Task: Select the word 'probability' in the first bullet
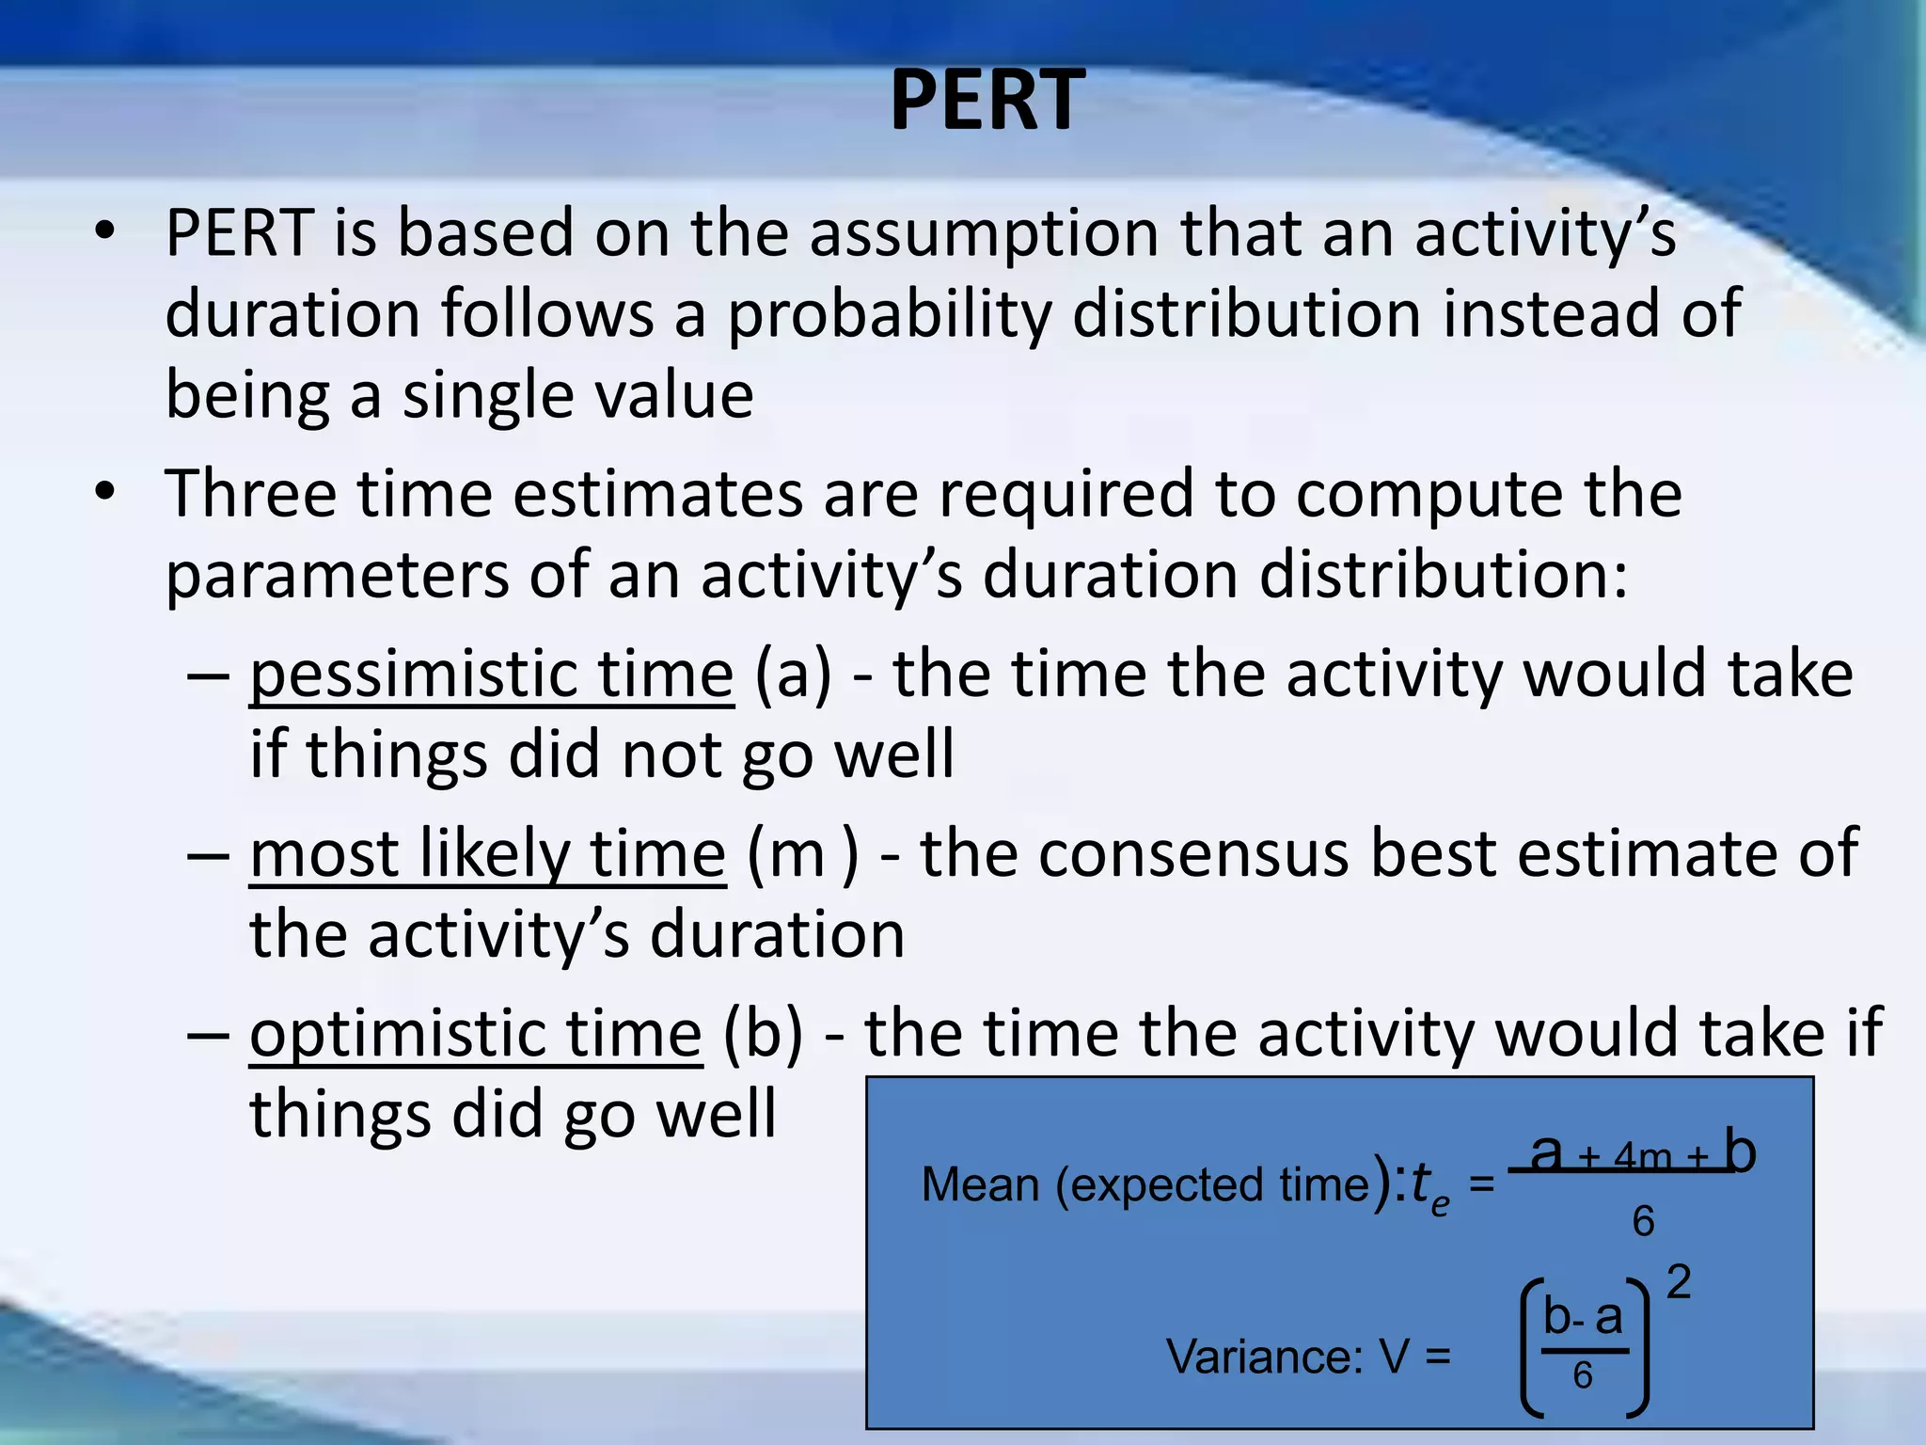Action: click(889, 314)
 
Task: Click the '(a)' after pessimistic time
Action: click(794, 675)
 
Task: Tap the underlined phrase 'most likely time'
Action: click(487, 854)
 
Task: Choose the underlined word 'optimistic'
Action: click(395, 1034)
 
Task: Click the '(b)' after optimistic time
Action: click(764, 1034)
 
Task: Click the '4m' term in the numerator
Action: click(1642, 1156)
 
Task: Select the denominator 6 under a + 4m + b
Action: click(1643, 1222)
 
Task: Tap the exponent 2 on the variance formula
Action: click(1679, 1282)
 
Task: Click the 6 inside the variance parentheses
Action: click(1583, 1376)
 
